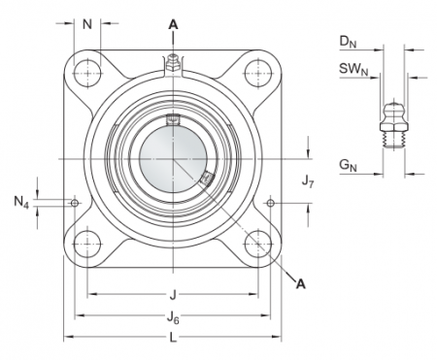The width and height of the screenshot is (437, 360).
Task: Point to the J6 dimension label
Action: (173, 316)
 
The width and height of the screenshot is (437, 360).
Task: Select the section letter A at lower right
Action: (300, 283)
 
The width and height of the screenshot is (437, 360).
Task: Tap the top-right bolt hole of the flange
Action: (256, 71)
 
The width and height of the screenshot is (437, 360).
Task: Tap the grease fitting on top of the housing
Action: (173, 63)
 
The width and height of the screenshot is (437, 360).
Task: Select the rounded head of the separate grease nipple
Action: (391, 106)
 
